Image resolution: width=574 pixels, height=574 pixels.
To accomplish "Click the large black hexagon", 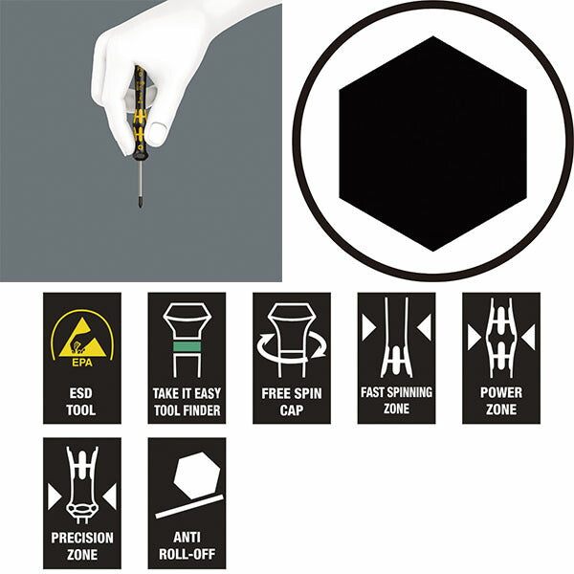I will (x=433, y=143).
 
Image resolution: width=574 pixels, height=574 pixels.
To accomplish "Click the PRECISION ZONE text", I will (x=82, y=544).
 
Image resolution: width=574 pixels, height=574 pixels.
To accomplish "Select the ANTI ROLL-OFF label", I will (x=187, y=544).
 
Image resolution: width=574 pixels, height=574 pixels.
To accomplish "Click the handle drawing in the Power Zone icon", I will (x=500, y=341).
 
